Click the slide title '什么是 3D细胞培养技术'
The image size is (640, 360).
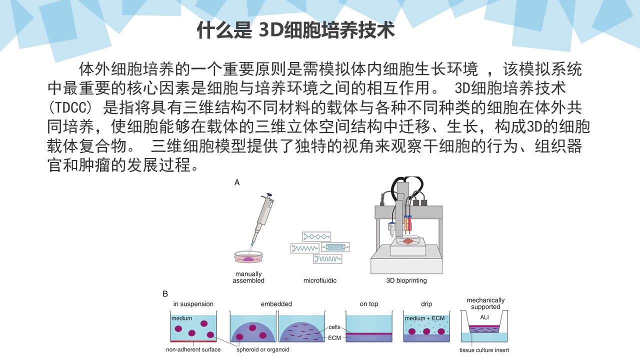coord(296,31)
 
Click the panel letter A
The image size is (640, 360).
coord(237,182)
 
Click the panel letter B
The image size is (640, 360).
coord(165,294)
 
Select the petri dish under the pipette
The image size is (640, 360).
coord(248,258)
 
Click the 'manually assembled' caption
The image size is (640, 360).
coord(248,277)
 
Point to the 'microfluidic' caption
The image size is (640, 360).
coord(320,280)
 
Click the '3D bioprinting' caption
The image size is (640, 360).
coord(406,280)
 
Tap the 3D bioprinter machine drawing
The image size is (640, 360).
coord(406,225)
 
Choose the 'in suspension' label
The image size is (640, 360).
coord(193,304)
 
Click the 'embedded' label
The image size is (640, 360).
coord(276,304)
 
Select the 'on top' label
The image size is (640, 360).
coord(369,304)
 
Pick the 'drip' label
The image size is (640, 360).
coord(426,304)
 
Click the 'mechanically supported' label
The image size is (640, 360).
coord(485,303)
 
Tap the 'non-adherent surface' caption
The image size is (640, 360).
coord(193,349)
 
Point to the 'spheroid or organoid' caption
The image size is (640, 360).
coord(263,349)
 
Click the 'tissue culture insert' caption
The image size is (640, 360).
coord(484,350)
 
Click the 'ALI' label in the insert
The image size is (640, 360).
coord(484,317)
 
